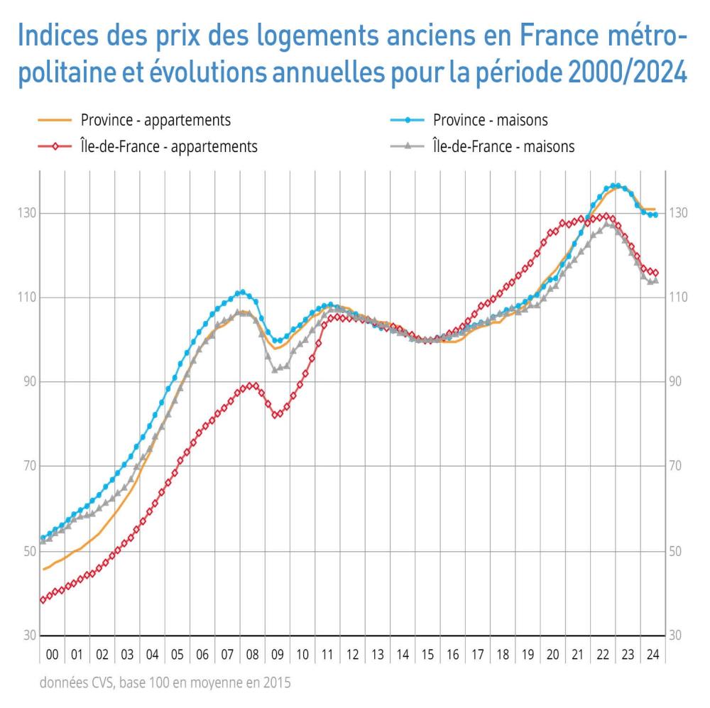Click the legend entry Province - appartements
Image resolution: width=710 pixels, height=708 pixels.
pos(155,120)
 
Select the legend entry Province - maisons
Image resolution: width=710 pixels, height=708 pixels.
pos(490,120)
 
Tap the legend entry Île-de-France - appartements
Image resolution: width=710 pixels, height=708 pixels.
pos(164,147)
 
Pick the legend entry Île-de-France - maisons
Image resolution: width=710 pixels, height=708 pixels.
pos(503,147)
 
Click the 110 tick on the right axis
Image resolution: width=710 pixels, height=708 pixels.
pos(679,298)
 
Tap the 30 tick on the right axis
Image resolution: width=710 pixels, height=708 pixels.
pos(677,636)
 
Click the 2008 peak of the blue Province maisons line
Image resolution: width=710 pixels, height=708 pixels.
pos(242,292)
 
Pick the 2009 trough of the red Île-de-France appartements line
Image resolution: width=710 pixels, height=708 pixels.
pos(278,414)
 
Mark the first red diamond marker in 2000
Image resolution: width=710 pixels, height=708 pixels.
pos(43,600)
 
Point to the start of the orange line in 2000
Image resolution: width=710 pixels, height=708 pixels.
pos(43,570)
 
